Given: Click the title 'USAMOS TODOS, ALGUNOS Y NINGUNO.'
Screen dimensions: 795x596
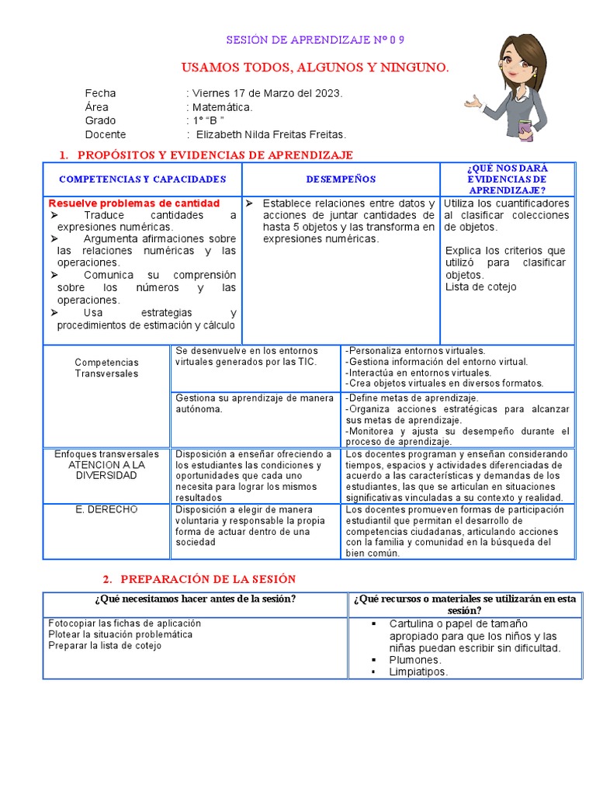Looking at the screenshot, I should pos(314,68).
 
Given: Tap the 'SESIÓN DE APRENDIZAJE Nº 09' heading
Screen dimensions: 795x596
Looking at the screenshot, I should pos(315,40).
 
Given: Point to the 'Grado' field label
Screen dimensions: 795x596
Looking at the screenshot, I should pos(100,120).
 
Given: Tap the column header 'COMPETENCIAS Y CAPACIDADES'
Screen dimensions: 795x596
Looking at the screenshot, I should pos(142,179).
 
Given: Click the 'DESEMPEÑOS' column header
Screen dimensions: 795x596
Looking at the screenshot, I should pos(341,179).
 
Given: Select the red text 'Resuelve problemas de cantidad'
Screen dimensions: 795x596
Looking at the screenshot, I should pos(134,203).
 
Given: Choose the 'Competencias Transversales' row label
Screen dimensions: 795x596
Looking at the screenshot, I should pos(107,368).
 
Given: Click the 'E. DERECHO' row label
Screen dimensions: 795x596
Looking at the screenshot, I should pos(106,509).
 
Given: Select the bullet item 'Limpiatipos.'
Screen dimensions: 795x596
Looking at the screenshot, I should pos(418,672).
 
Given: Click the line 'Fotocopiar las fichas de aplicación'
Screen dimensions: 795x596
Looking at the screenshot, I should pos(124,623).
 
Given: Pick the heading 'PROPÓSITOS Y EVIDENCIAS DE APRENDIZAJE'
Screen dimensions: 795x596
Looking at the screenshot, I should pos(215,155).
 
